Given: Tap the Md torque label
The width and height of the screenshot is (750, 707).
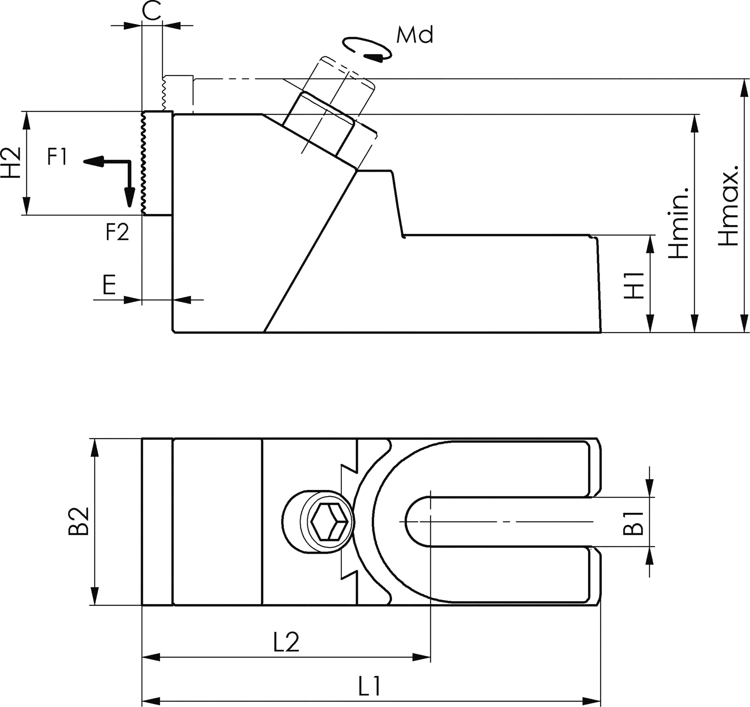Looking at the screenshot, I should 415,35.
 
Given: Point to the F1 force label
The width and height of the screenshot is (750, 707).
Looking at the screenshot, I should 57,157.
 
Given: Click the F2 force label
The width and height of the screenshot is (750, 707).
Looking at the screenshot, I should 117,232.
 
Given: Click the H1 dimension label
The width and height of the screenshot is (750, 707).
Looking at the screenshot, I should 634,285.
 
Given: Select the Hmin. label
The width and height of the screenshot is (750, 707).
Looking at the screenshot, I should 678,223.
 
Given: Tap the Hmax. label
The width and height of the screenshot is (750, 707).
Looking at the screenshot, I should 728,205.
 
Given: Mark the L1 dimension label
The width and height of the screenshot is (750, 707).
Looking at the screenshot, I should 369,685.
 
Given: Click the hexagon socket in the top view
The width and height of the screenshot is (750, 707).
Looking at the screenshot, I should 330,522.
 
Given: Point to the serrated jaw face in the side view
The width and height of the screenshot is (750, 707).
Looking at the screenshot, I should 144,163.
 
